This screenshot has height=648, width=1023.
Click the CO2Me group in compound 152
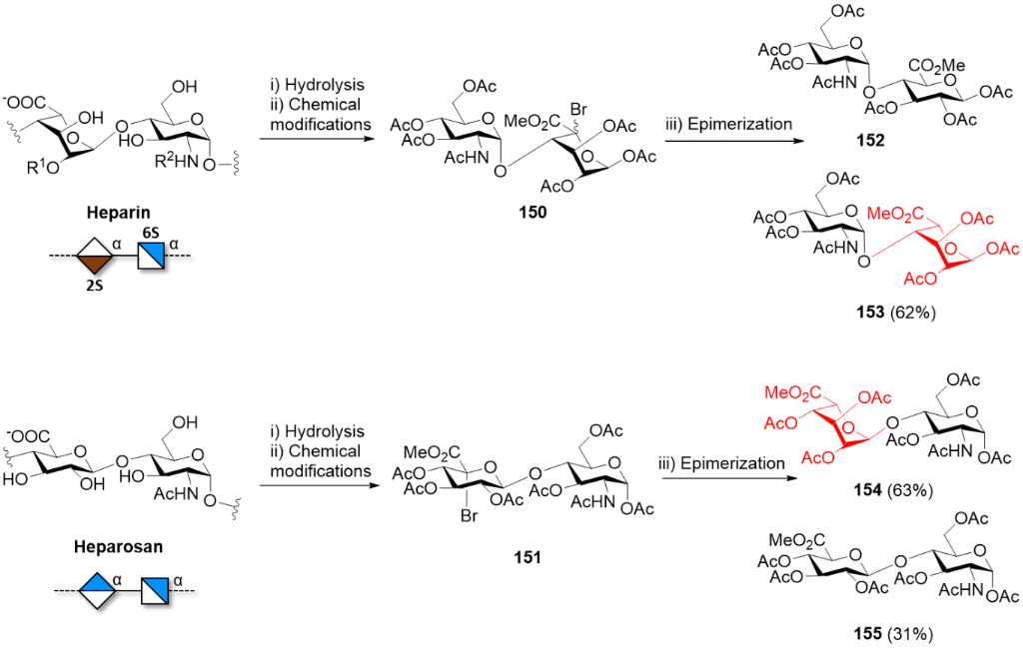(935, 69)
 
